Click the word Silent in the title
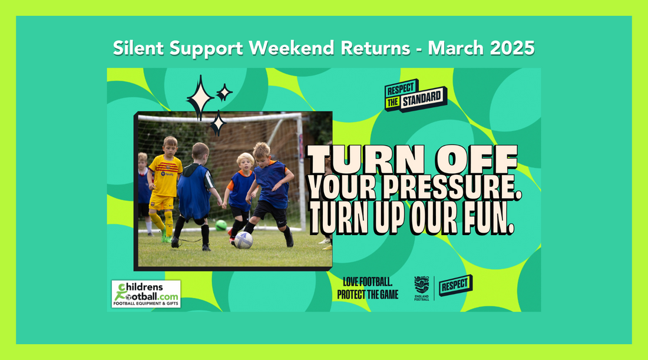(x=138, y=48)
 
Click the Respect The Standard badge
(x=415, y=95)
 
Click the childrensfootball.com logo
(x=146, y=294)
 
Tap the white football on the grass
(x=243, y=240)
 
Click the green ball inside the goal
(x=221, y=225)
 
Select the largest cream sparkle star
(x=200, y=98)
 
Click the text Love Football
(x=368, y=282)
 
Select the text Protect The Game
(x=368, y=295)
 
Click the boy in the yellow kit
(x=164, y=188)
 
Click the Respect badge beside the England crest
(x=455, y=285)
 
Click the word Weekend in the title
(x=292, y=48)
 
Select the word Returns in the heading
(x=375, y=48)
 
